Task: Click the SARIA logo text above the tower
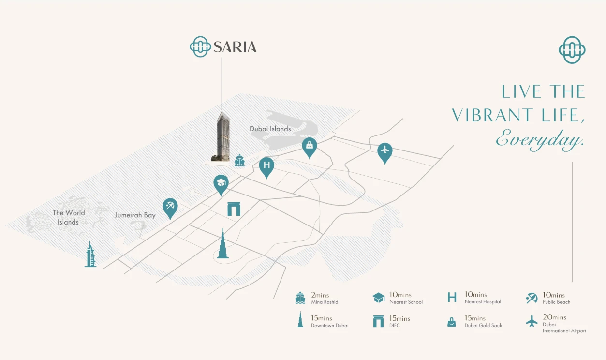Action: point(235,47)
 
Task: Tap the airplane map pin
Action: point(384,150)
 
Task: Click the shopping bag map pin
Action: point(310,146)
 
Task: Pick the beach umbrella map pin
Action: point(170,207)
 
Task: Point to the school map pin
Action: point(221,183)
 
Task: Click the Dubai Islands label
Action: point(270,129)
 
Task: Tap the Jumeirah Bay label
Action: point(135,215)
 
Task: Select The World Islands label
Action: point(68,217)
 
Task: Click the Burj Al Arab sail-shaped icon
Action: point(90,255)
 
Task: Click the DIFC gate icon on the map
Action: point(234,209)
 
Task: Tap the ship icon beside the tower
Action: point(239,161)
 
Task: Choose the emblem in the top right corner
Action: point(572,49)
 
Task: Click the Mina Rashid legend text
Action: point(325,302)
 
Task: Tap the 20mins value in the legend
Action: point(554,317)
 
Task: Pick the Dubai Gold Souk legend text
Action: point(483,325)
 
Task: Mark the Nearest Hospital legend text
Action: point(482,301)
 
